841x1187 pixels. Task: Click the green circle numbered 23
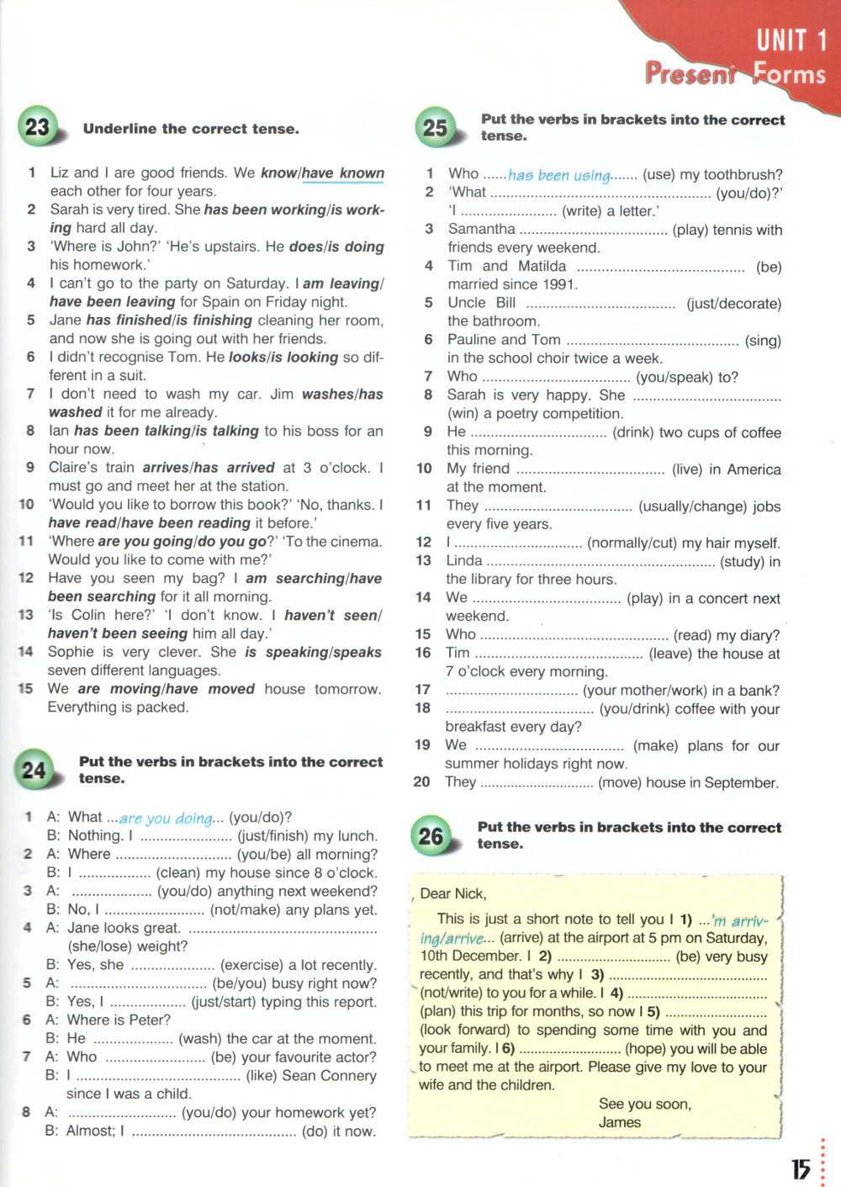[37, 127]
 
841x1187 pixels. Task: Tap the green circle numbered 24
[34, 769]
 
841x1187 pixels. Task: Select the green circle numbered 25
[435, 128]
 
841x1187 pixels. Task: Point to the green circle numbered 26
[431, 835]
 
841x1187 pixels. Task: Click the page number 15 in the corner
[801, 1168]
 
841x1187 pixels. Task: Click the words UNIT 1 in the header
[791, 40]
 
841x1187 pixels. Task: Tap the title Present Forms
[735, 73]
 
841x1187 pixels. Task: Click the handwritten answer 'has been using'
[559, 175]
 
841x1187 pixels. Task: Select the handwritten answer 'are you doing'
[166, 818]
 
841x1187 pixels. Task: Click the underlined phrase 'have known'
[343, 173]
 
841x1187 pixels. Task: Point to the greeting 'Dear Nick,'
[453, 893]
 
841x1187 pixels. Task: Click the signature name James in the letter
[620, 1122]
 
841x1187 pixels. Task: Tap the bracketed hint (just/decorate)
[733, 303]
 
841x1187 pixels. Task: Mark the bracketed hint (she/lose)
[103, 946]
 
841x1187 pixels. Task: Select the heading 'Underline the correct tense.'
[191, 129]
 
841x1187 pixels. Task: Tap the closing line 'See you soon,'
[645, 1104]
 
